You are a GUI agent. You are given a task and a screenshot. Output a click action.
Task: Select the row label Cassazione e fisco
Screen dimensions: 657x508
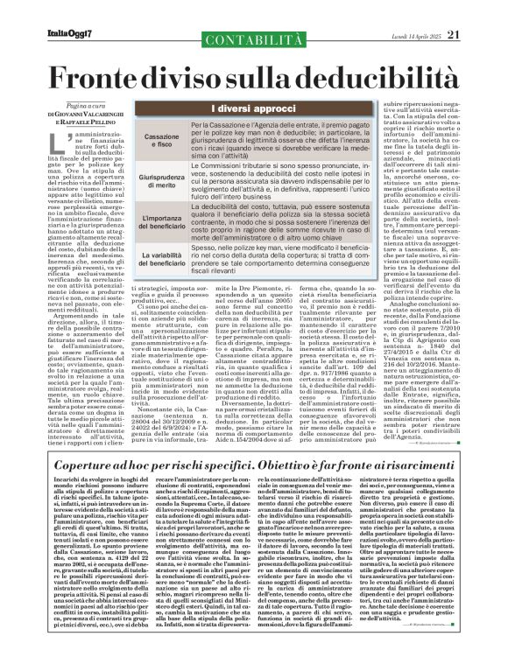point(138,143)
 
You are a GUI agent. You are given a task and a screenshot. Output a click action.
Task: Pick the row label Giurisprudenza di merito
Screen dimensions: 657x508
point(138,180)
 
